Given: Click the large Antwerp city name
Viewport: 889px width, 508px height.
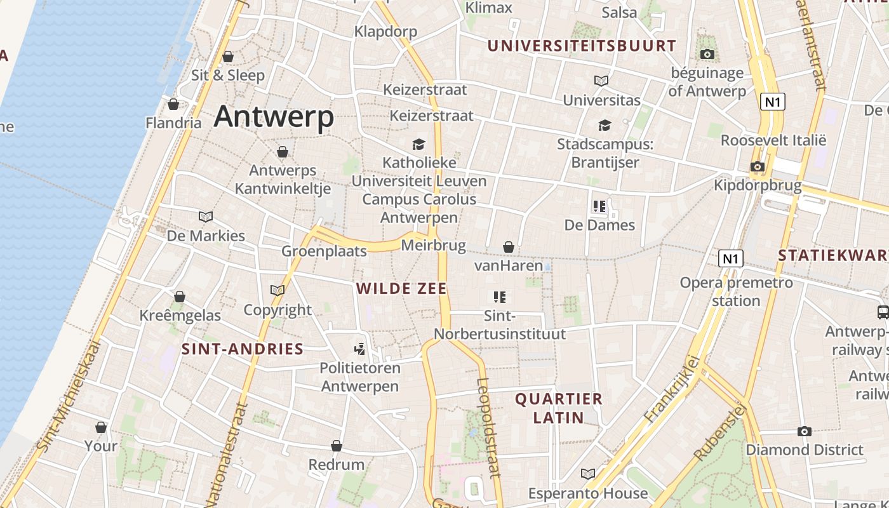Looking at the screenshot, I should pos(274,117).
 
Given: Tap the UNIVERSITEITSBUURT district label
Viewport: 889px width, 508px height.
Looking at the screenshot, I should pos(582,46).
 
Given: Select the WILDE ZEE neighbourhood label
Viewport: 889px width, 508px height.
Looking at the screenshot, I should pos(401,289).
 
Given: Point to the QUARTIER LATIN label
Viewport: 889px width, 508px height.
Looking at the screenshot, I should pos(559,408).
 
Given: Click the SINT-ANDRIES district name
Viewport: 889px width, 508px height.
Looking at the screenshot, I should pos(243,349).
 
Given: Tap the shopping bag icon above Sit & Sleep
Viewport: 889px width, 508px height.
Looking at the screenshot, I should pos(228,57).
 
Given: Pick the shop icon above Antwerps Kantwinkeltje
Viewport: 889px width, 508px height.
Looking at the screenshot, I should pos(283,152).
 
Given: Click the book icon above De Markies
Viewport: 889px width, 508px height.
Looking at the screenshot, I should pos(206,217).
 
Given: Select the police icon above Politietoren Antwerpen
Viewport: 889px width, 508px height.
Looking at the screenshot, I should pos(360,349).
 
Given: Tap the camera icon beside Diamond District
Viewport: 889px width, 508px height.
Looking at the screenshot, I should pos(805,432).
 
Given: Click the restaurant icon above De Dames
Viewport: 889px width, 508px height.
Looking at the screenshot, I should pos(599,206).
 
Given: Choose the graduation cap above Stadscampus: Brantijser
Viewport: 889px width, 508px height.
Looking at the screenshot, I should pos(605,126).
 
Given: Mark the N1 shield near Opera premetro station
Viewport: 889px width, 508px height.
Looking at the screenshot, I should pos(731,258).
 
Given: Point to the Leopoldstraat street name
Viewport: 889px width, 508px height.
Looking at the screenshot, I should pos(488,427).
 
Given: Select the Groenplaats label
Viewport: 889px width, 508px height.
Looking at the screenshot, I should pos(324,251).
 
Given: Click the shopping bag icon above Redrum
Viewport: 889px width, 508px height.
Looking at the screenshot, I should pos(337,446).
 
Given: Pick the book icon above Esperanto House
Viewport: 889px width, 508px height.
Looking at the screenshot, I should pos(588,474).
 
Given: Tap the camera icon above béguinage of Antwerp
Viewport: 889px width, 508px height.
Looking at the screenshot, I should pos(707,55).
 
